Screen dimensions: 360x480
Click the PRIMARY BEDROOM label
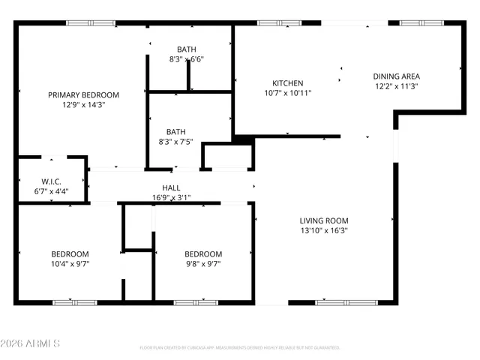point(83,94)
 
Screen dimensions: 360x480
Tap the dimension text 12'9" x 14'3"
point(83,105)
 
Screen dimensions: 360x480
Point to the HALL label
point(171,188)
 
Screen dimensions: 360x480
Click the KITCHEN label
point(287,83)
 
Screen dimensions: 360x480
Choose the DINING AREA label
point(396,76)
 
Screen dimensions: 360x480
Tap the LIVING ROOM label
point(324,220)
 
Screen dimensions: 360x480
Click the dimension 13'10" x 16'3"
point(324,231)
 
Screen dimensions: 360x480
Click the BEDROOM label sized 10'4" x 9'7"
point(70,253)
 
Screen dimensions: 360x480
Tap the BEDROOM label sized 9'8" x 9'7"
point(203,253)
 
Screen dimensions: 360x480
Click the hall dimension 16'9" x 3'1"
point(171,198)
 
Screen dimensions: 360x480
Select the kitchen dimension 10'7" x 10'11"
point(287,94)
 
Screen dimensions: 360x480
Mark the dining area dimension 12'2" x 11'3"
point(396,86)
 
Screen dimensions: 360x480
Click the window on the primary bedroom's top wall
point(91,23)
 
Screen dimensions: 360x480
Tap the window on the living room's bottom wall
point(345,302)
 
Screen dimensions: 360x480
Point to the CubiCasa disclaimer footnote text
point(240,347)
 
